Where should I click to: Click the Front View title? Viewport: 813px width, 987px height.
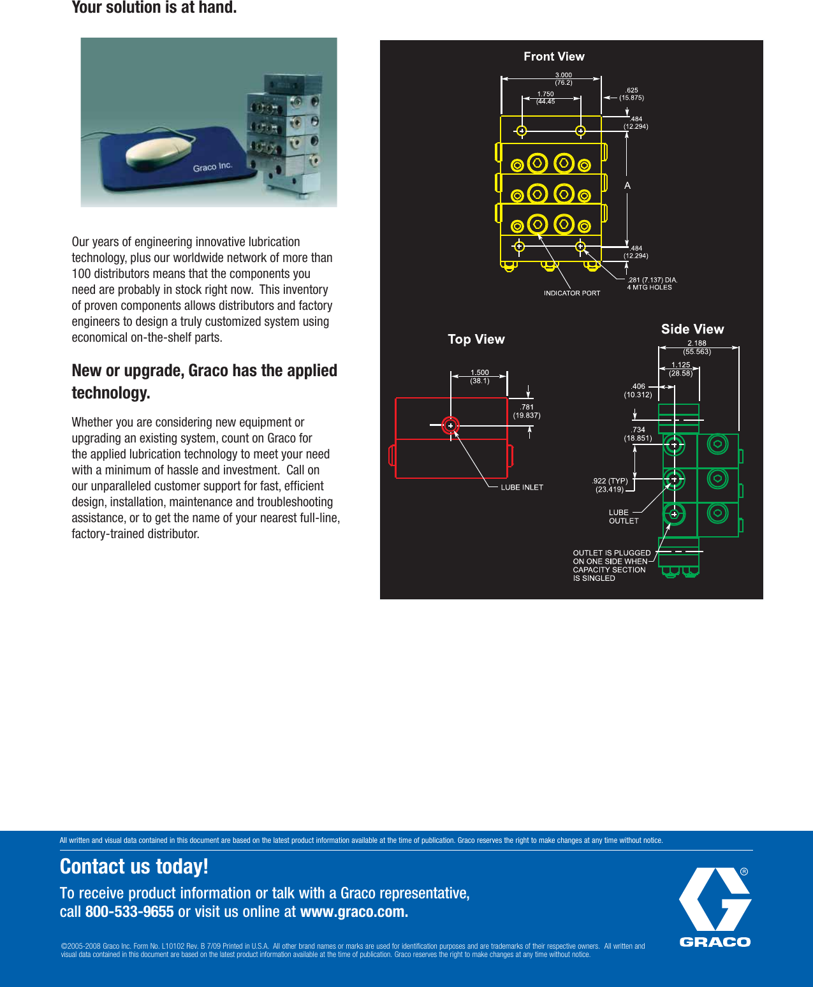tap(553, 57)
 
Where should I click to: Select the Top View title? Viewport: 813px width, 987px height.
tap(476, 339)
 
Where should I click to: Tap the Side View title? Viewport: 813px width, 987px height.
tap(692, 329)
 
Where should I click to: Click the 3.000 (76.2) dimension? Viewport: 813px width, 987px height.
tap(563, 78)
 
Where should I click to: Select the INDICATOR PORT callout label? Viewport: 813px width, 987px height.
tap(571, 293)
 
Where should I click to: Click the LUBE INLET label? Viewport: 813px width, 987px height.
tap(522, 487)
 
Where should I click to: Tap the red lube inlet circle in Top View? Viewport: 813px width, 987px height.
tap(450, 425)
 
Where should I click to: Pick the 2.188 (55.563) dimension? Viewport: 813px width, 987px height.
tap(696, 347)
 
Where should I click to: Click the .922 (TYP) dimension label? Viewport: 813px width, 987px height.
tap(610, 485)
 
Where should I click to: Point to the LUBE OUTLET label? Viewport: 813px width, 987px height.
tap(623, 516)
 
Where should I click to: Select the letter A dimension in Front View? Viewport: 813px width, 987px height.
tap(627, 186)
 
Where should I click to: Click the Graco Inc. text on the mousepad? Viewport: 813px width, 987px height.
tap(212, 167)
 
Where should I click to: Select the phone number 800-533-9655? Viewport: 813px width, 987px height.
tap(129, 912)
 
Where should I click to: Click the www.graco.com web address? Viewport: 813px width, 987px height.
tap(354, 912)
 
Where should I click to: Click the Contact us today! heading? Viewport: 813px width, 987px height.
tap(134, 866)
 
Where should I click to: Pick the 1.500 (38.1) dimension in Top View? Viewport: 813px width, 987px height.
tap(480, 377)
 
